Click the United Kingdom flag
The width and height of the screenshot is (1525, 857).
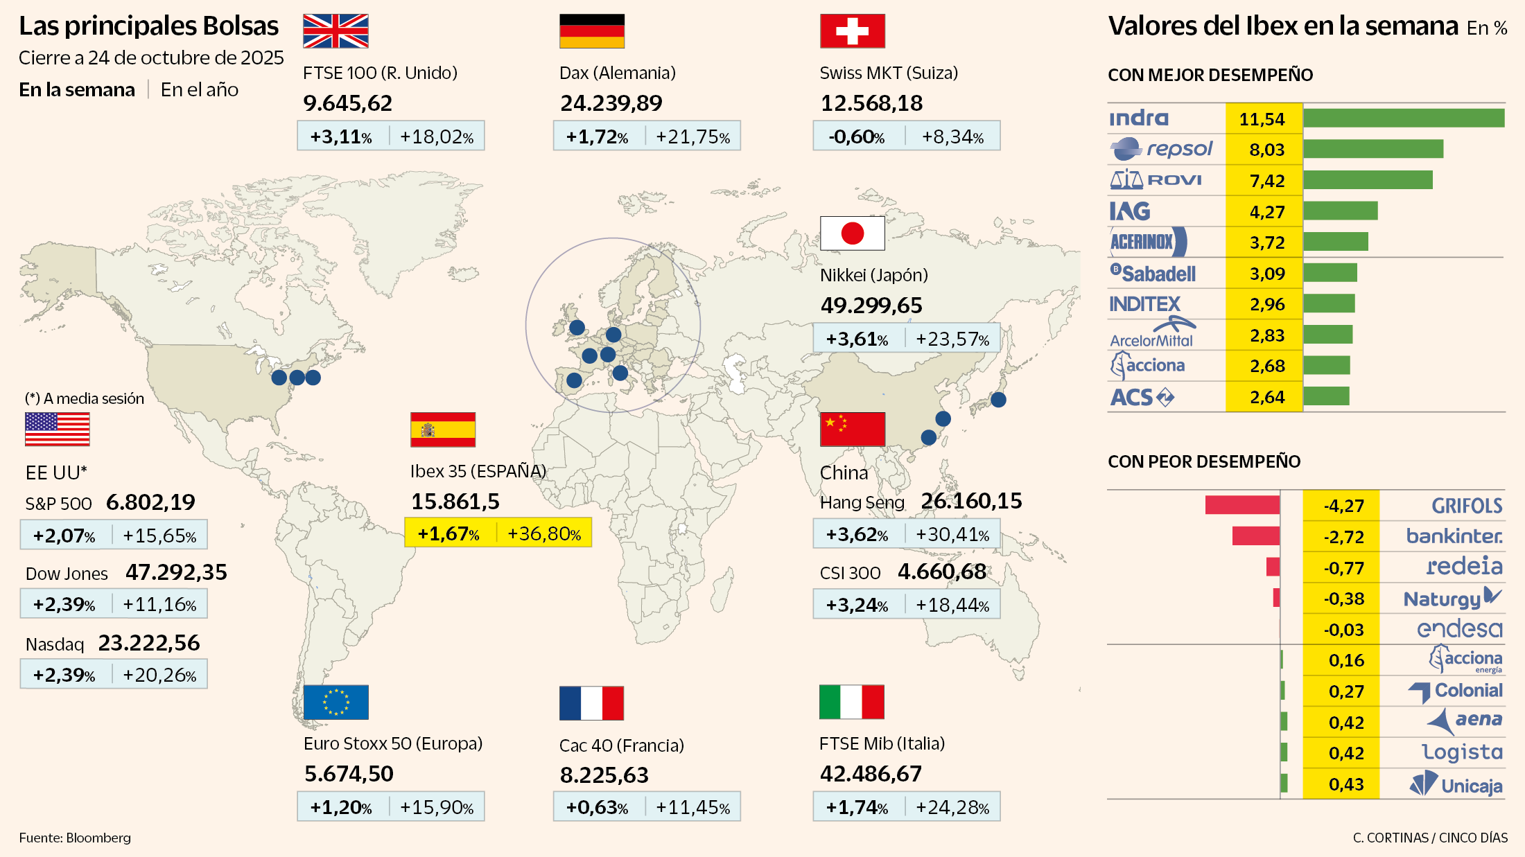(335, 31)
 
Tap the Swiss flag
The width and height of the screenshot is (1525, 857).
(852, 31)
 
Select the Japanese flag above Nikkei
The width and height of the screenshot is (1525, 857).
(852, 233)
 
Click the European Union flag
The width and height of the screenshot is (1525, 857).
(335, 703)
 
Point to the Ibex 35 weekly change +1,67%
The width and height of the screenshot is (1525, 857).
(448, 533)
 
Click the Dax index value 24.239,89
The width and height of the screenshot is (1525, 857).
(611, 103)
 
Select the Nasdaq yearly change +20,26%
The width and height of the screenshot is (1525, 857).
(159, 675)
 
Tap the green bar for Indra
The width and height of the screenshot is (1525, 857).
(1403, 118)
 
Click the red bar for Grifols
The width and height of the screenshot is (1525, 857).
(1241, 505)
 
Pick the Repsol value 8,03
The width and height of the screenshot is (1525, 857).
(1266, 150)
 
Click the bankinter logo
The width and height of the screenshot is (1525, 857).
(1454, 536)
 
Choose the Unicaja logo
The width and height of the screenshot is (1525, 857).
(1456, 785)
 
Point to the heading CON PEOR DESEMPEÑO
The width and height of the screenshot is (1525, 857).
(1203, 461)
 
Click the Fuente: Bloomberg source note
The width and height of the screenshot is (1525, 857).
(75, 838)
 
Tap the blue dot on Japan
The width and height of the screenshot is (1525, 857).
(998, 399)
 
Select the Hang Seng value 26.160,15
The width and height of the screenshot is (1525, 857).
(971, 501)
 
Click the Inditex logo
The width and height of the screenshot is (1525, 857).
(1144, 304)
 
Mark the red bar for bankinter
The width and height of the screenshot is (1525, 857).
(1255, 536)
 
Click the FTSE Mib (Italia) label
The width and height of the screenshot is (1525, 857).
(882, 743)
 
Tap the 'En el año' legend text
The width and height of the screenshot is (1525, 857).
(200, 90)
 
